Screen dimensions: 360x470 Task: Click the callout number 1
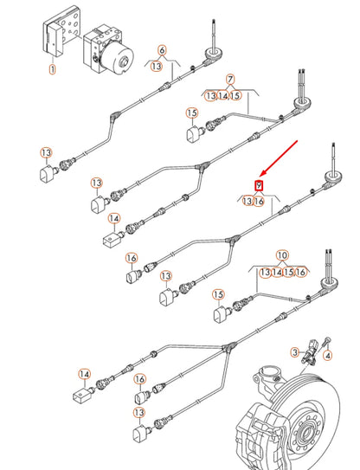click(52, 69)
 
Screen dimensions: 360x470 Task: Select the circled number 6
click(162, 50)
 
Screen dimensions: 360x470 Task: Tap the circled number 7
click(230, 80)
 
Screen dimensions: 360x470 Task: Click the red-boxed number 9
click(259, 186)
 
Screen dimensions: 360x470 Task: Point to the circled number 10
click(282, 255)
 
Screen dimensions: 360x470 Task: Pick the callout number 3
click(295, 352)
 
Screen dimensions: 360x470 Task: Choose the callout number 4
click(328, 356)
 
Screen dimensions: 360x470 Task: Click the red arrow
click(279, 158)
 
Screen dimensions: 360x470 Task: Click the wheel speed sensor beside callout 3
click(309, 351)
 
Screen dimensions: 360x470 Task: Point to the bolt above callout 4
click(326, 343)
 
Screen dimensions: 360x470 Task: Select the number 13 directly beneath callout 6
click(157, 66)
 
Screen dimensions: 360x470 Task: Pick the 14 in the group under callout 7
click(222, 95)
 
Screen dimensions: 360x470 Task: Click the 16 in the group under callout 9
click(259, 201)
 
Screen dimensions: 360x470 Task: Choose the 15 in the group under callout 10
click(288, 272)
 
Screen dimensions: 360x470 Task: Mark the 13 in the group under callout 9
click(247, 201)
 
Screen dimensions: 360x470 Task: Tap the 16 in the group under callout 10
click(300, 272)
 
